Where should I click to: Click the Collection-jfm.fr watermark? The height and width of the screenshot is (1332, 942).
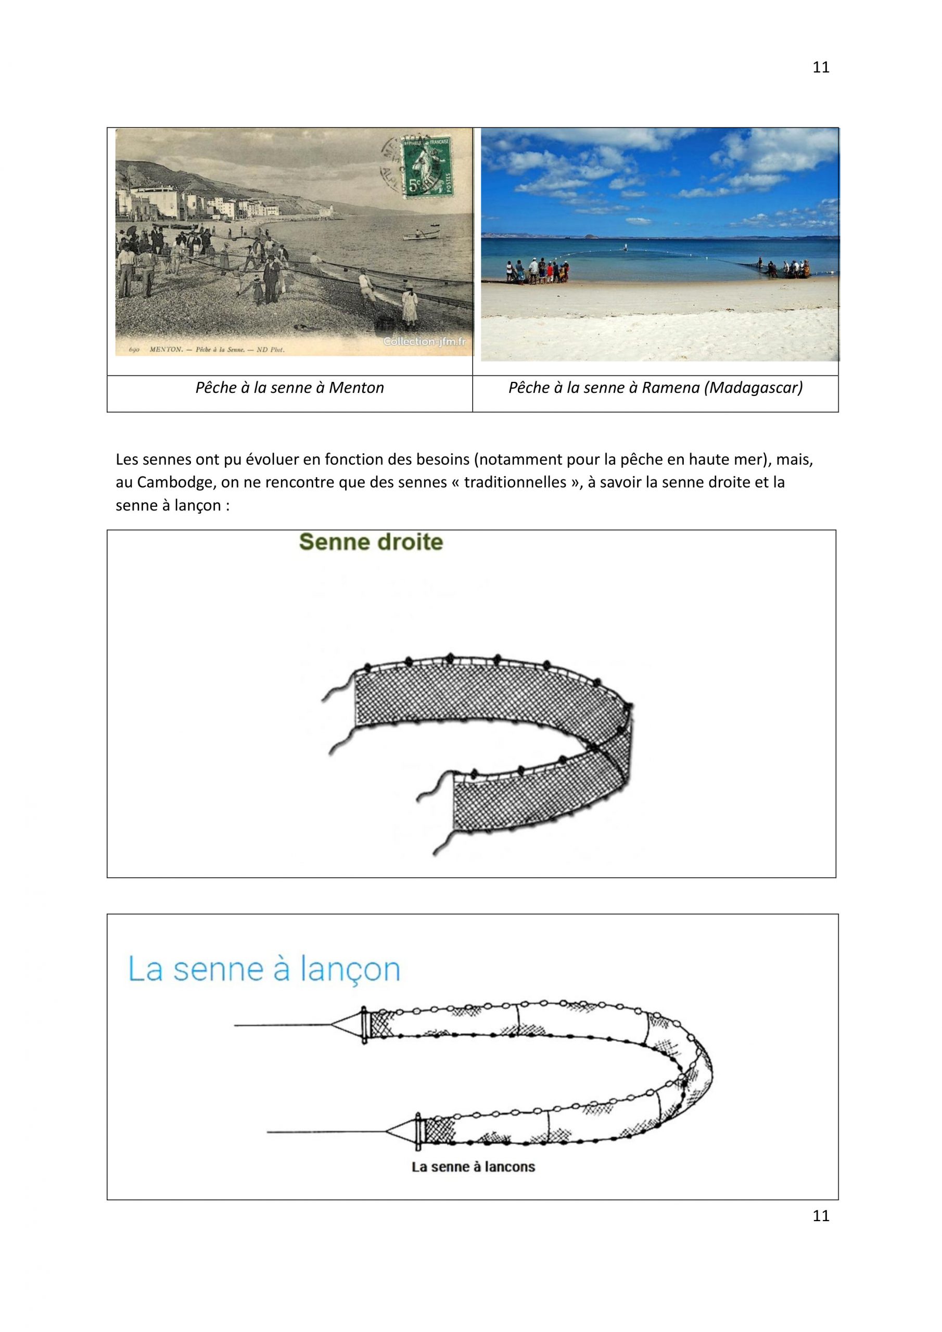424,342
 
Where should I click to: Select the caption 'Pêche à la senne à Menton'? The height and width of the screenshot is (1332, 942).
289,388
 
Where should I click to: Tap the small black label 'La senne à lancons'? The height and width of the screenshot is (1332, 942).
473,1167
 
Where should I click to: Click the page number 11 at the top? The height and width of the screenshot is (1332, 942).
821,67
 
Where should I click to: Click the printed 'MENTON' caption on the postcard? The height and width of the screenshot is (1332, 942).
167,350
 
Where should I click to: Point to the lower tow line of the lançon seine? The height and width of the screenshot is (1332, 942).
325,1132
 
